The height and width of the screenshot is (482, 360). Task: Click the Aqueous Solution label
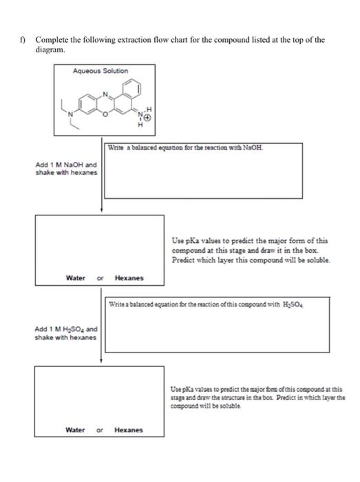pyautogui.click(x=100, y=70)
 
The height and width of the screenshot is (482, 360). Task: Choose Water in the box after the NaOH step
pyautogui.click(x=76, y=278)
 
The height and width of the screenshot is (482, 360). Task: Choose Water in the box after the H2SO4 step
pyautogui.click(x=76, y=430)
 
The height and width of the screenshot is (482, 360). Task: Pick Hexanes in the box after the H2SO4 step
pyautogui.click(x=129, y=430)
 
